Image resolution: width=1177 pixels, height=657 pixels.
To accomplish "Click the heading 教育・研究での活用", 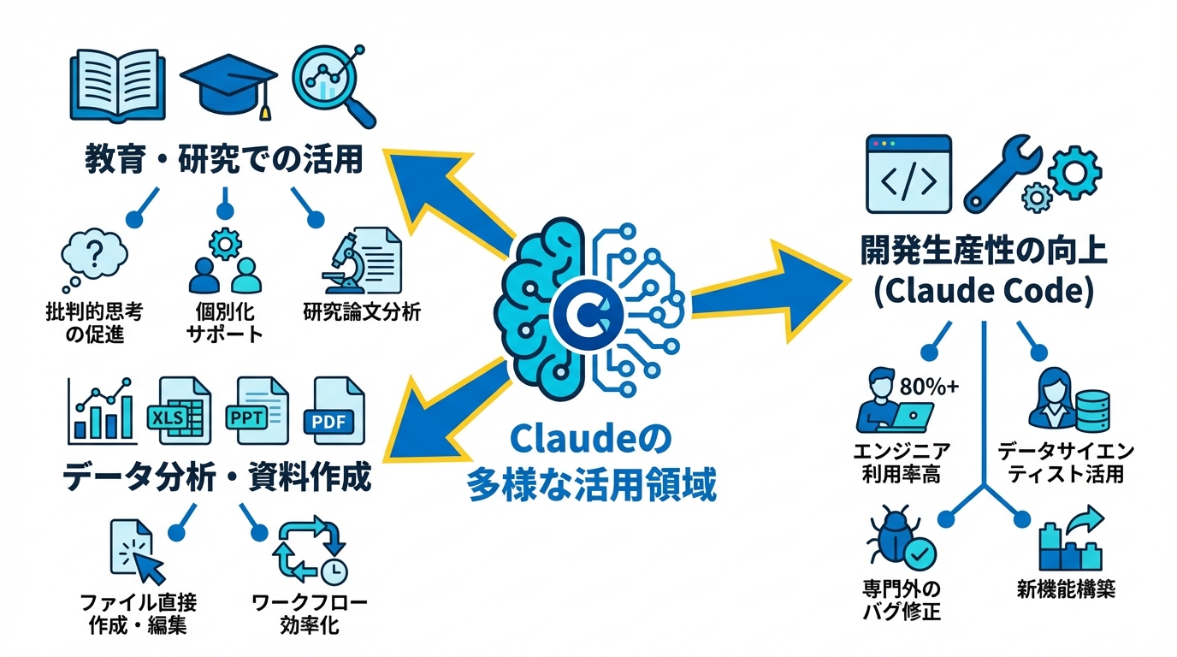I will coord(225,159).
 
